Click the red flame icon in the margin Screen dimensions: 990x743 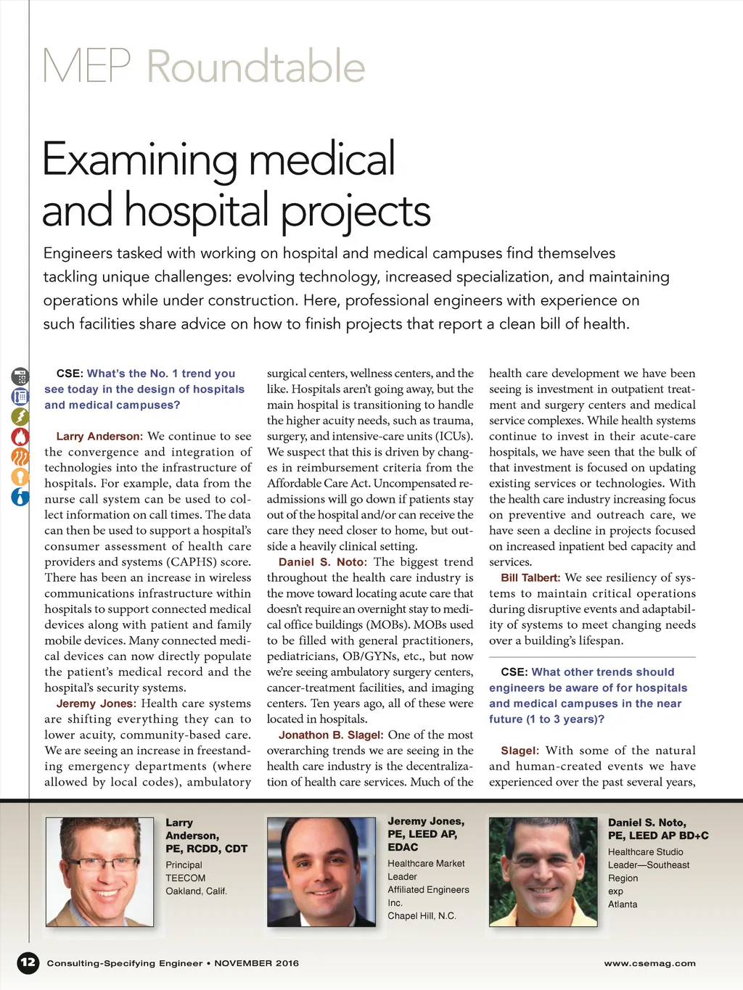(20, 437)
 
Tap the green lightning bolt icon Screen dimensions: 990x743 (20, 416)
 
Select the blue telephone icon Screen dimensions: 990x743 (20, 397)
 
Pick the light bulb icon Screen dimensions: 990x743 (20, 477)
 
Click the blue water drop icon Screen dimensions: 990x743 (20, 497)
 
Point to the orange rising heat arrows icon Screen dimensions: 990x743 (20, 457)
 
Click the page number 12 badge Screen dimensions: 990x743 (28, 962)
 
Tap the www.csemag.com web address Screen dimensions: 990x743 (649, 963)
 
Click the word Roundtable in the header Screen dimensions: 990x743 (256, 67)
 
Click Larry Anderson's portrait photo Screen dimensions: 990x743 (99, 871)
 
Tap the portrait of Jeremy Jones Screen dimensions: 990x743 (321, 871)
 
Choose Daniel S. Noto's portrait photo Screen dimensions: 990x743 (543, 871)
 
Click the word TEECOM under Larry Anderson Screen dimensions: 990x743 (185, 878)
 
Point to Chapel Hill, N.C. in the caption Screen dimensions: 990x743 (422, 916)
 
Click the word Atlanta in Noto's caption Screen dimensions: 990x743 (623, 904)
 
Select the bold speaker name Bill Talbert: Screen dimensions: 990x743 (530, 578)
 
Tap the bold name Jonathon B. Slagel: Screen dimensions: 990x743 (331, 735)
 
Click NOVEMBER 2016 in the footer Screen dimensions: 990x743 (256, 963)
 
